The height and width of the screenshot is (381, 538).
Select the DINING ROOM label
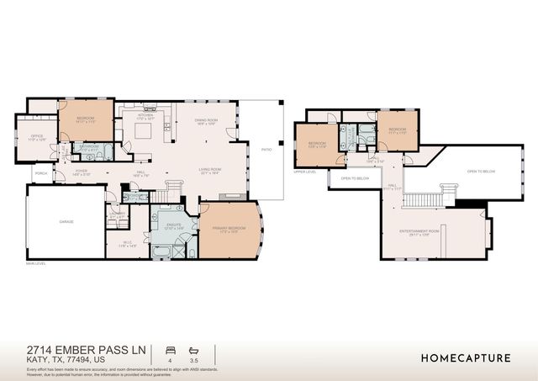point(207,119)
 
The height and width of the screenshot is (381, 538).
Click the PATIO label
point(266,150)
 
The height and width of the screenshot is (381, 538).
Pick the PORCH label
point(40,173)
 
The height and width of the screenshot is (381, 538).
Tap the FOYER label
point(82,171)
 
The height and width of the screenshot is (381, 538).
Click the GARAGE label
point(66,222)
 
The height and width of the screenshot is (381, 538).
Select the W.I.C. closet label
point(128,244)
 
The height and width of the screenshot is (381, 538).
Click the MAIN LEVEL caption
point(35,264)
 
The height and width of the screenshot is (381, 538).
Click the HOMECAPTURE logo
point(466,357)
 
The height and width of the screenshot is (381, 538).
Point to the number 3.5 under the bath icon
point(195,360)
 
